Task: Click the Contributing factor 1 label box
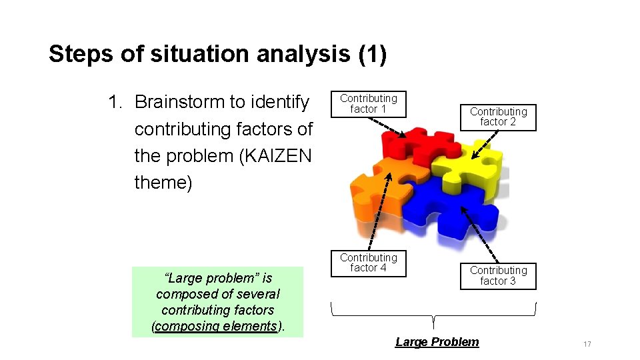tap(369, 103)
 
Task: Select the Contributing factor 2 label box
tap(498, 117)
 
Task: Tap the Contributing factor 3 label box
tap(498, 275)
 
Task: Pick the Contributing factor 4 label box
tap(369, 263)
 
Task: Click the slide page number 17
tap(587, 344)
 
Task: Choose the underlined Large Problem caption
tap(437, 342)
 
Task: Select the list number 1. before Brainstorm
tap(116, 102)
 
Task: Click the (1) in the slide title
tap(372, 55)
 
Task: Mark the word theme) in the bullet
tap(163, 182)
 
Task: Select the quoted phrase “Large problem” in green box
tap(202, 278)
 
